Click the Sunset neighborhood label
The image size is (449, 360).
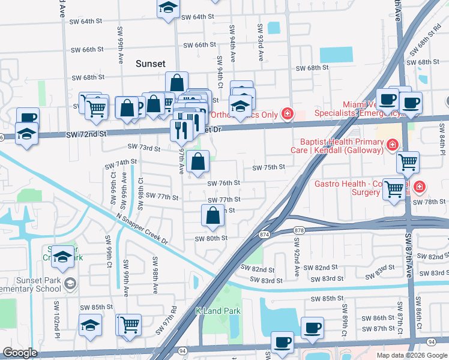pos(150,63)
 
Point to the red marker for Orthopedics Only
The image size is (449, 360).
pos(288,113)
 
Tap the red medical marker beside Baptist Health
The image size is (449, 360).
pos(392,145)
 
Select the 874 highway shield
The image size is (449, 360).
pos(265,234)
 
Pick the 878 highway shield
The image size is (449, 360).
pos(300,230)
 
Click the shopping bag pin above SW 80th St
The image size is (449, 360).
pos(213,216)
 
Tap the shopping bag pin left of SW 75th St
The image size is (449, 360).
pos(197,161)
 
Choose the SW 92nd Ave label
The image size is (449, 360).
pos(296,257)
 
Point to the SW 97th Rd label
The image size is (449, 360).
pos(167,321)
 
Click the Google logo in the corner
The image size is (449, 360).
pos(20,353)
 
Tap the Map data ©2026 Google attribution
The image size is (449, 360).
pos(411,355)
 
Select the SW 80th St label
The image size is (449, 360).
pos(211,238)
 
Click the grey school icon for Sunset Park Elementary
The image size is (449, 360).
pos(70,283)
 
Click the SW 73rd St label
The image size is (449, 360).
pos(143,148)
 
